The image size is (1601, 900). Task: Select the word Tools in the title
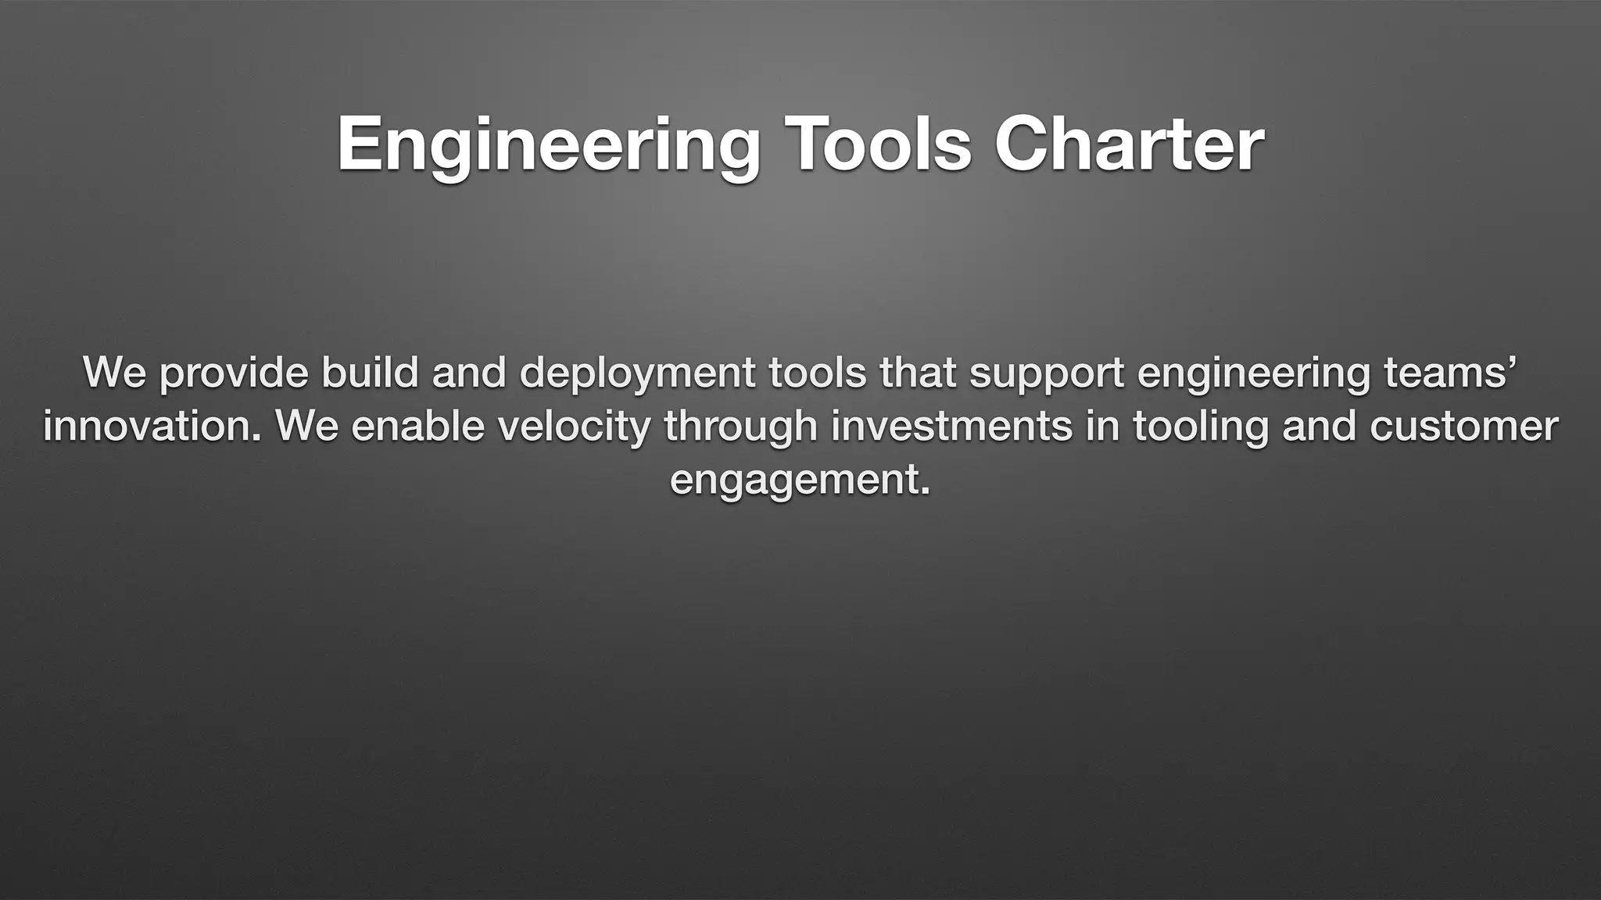883,145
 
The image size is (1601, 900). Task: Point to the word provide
234,373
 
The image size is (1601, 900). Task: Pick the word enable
418,426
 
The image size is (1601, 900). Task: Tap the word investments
951,426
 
